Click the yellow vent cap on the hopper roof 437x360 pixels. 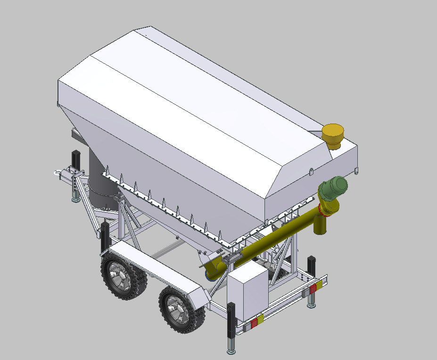coord(334,136)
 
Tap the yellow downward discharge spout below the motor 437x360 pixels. coord(320,226)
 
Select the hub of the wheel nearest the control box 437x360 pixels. coord(178,306)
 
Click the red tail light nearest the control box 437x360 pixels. coord(254,323)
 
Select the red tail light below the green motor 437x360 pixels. coord(313,288)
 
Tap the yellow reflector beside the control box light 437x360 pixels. coord(260,319)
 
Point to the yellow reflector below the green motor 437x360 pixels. coord(320,284)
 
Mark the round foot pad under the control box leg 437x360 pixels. coord(231,352)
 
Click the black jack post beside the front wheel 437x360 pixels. coord(105,236)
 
